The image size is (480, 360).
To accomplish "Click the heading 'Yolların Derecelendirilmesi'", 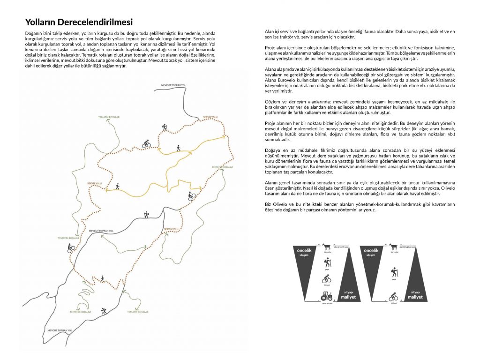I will (x=79, y=22).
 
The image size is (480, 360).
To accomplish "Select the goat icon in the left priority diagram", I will (x=326, y=247).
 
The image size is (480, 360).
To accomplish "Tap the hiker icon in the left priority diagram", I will (x=326, y=263).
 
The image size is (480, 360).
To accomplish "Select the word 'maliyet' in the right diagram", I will (x=415, y=297).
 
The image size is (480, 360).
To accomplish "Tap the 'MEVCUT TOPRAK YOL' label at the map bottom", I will (x=59, y=330).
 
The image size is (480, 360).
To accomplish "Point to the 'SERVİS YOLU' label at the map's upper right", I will (x=210, y=117).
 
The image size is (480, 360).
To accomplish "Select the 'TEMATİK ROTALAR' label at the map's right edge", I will (x=222, y=166).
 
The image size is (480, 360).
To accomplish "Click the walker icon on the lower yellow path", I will (x=117, y=186).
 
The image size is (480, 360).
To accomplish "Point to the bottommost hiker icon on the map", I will (x=104, y=311).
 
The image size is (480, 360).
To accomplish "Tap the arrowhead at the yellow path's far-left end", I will (x=106, y=190).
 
